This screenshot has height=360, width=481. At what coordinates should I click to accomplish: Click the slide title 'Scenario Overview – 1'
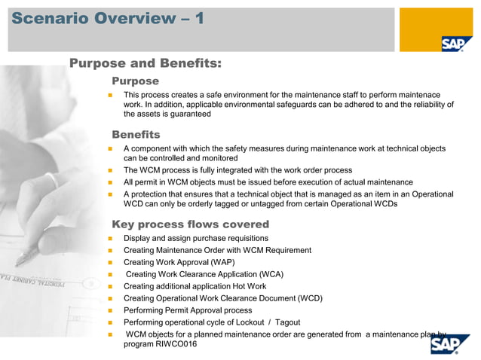107,18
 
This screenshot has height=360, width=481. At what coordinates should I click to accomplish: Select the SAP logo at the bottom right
449,344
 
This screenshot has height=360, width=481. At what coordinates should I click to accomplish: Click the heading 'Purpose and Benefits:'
145,63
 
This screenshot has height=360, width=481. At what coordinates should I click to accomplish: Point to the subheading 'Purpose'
135,81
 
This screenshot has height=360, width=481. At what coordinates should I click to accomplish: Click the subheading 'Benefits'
136,134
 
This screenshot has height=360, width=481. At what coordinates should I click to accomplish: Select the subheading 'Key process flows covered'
190,224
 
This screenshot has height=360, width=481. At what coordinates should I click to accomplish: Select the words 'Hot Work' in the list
248,286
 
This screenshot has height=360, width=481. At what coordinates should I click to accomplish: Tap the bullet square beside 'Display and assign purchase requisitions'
110,239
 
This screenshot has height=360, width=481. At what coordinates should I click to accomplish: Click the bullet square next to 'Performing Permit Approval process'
110,311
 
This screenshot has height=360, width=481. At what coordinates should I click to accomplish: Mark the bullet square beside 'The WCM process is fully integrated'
110,171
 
